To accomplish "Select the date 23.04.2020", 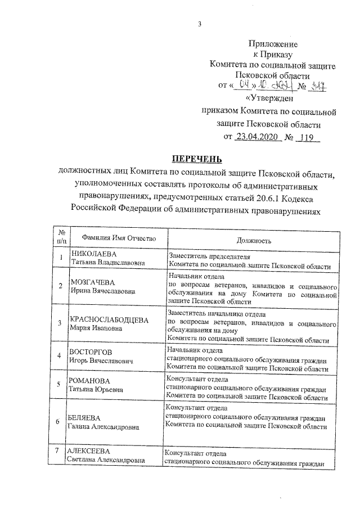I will tap(257, 137).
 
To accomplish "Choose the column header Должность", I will tap(254, 240).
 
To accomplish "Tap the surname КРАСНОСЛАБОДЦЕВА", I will tap(109, 319).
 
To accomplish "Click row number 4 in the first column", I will tap(60, 356).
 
